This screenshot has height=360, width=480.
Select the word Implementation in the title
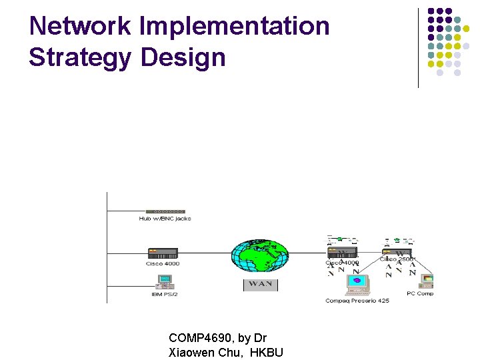pyautogui.click(x=235, y=27)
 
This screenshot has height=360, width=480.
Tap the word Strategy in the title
pyautogui.click(x=81, y=58)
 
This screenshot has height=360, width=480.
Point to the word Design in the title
pyautogui.click(x=183, y=58)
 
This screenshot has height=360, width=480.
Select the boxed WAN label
pyautogui.click(x=260, y=285)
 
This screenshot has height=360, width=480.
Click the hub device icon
pyautogui.click(x=165, y=211)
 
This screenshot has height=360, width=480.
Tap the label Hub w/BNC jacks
pyautogui.click(x=165, y=219)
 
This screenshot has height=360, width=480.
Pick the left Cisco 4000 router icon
pyautogui.click(x=163, y=253)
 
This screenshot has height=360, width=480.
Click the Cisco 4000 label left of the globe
pyautogui.click(x=163, y=264)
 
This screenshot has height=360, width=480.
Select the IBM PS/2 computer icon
pyautogui.click(x=163, y=282)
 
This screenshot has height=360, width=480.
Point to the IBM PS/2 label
pyautogui.click(x=163, y=294)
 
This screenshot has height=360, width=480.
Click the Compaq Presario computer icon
pyautogui.click(x=357, y=284)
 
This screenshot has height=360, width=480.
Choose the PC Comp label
pyautogui.click(x=420, y=294)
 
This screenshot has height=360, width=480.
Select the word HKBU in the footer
pyautogui.click(x=267, y=353)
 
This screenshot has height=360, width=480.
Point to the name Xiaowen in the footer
pyautogui.click(x=193, y=353)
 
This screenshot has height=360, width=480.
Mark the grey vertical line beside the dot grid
pyautogui.click(x=418, y=47)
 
